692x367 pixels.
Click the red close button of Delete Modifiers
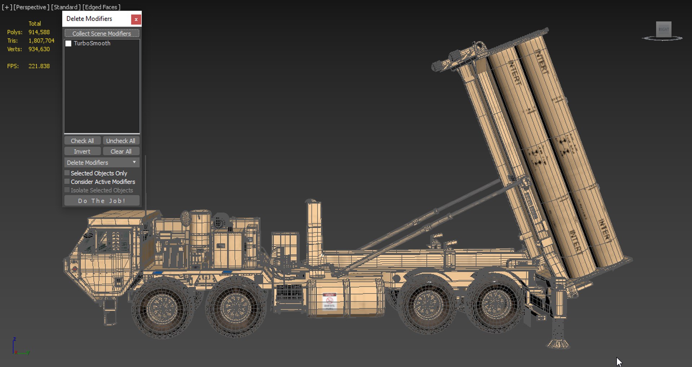coord(136,19)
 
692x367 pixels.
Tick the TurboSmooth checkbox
coord(68,43)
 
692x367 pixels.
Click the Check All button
coord(82,141)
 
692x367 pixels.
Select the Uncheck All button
coord(121,141)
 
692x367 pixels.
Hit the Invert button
coord(82,152)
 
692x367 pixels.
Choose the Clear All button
coord(121,152)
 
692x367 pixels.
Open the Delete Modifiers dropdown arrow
coord(134,162)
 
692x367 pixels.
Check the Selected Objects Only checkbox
coord(67,173)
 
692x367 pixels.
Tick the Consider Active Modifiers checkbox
coord(67,182)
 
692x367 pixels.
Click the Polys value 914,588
coord(39,32)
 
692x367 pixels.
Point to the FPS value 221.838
coord(39,66)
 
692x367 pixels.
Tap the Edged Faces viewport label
coord(102,7)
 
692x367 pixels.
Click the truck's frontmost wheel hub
coord(162,309)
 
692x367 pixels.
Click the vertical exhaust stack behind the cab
coord(314,231)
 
